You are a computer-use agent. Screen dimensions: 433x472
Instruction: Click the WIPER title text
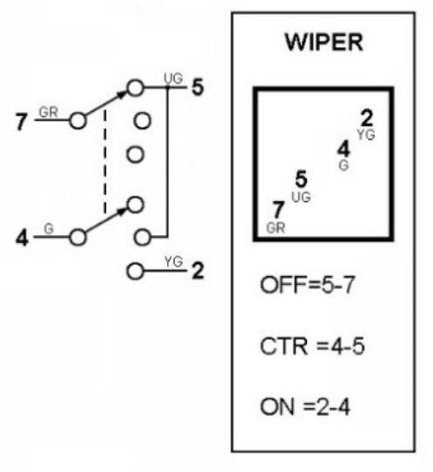pyautogui.click(x=324, y=42)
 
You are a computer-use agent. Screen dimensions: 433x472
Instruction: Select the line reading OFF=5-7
pyautogui.click(x=307, y=285)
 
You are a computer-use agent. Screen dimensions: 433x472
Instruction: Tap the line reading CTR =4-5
pyautogui.click(x=312, y=346)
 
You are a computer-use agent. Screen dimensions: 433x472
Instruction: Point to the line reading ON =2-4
pyautogui.click(x=305, y=407)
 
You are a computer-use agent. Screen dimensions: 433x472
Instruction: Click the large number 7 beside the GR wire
pyautogui.click(x=21, y=121)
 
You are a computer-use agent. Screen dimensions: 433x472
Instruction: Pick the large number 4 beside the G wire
pyautogui.click(x=22, y=238)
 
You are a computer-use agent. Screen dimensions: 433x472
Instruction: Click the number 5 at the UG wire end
pyautogui.click(x=198, y=87)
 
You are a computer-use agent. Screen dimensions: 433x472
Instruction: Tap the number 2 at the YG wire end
pyautogui.click(x=198, y=271)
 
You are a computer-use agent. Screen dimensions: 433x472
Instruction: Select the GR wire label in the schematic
pyautogui.click(x=48, y=113)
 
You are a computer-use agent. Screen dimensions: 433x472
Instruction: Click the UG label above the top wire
pyautogui.click(x=173, y=79)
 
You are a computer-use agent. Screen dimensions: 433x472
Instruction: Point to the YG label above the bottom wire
pyautogui.click(x=173, y=261)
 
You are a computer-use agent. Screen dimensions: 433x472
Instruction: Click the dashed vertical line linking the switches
pyautogui.click(x=105, y=162)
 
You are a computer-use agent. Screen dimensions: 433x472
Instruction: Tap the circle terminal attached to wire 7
pyautogui.click(x=78, y=121)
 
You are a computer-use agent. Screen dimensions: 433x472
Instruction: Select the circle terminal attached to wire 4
pyautogui.click(x=78, y=237)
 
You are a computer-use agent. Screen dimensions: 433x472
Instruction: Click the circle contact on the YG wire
pyautogui.click(x=135, y=271)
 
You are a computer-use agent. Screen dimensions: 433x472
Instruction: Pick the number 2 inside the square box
pyautogui.click(x=367, y=118)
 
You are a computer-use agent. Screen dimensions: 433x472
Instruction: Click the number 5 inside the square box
pyautogui.click(x=301, y=179)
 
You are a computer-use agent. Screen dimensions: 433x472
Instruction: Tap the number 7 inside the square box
pyautogui.click(x=278, y=210)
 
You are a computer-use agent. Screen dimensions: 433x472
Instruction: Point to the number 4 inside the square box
pyautogui.click(x=344, y=149)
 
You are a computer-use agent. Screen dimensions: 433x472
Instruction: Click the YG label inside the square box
pyautogui.click(x=366, y=135)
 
